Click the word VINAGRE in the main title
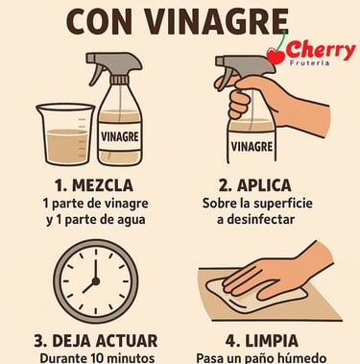pos(217,22)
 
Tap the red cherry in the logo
pos(276,57)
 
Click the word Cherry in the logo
pos(321,51)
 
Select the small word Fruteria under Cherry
pos(309,62)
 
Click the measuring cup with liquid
pos(65,133)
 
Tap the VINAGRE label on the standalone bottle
pos(120,136)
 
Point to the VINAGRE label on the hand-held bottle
pos(252,146)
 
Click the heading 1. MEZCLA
pos(94,185)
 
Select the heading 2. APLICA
pos(255,185)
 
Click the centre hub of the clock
pos(95,281)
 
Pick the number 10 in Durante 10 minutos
pos(97,358)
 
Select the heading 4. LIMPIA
pos(262,341)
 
